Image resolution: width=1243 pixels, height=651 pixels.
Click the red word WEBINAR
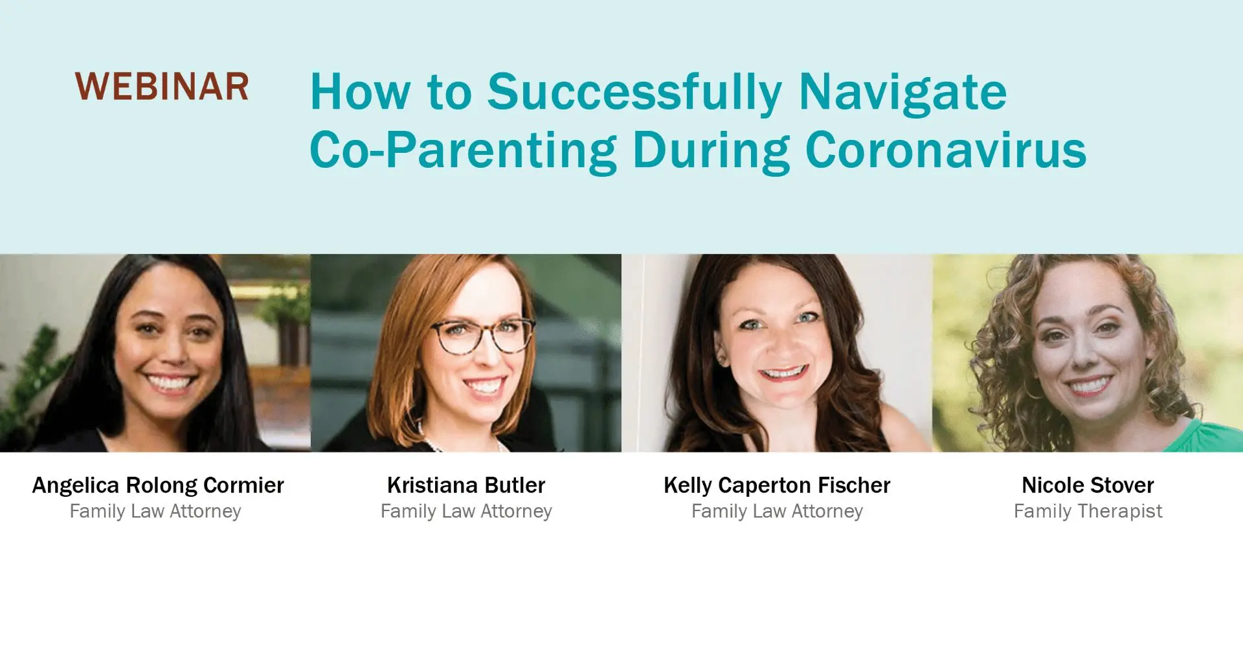(x=162, y=87)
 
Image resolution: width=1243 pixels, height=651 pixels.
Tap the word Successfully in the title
(x=634, y=93)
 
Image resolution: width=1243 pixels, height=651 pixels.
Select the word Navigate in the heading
(x=902, y=93)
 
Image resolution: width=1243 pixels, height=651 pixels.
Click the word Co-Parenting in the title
(x=464, y=151)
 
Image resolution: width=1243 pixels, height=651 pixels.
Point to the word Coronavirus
(x=946, y=150)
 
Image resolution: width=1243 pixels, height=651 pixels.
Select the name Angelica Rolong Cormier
(x=158, y=485)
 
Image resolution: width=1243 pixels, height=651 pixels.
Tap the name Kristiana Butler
(x=466, y=485)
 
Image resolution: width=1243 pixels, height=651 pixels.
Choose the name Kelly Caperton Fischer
(x=777, y=485)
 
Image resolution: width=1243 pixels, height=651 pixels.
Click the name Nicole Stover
(x=1088, y=485)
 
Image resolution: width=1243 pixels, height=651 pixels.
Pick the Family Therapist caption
(x=1088, y=511)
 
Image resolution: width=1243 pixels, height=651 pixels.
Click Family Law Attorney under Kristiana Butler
(x=466, y=511)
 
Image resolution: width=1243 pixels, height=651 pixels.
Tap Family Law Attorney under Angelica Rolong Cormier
(x=155, y=511)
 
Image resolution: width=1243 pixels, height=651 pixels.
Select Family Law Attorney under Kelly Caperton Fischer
(x=777, y=511)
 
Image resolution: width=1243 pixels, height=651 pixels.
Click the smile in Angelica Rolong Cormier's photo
(x=170, y=382)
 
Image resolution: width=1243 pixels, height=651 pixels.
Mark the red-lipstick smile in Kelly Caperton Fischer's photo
(x=783, y=373)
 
